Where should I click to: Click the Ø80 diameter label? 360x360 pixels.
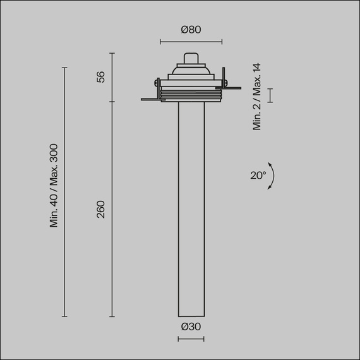(x=191, y=30)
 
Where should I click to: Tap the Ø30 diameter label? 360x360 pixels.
(x=191, y=327)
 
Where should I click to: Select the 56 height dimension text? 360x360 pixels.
(x=100, y=77)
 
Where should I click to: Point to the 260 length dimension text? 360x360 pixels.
(x=100, y=209)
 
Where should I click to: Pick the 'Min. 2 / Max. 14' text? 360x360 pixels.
(x=257, y=97)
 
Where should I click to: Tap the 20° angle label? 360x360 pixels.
(x=258, y=176)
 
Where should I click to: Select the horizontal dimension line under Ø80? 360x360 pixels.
(x=191, y=42)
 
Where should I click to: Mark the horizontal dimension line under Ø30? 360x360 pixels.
(x=191, y=339)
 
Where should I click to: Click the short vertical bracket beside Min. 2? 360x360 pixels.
(x=270, y=95)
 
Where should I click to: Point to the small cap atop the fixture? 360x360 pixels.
(x=191, y=58)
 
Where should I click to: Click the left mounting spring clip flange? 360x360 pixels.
(x=150, y=99)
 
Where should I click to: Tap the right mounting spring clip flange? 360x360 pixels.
(x=231, y=88)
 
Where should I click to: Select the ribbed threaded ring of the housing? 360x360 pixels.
(x=191, y=95)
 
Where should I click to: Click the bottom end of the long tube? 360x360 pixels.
(x=191, y=315)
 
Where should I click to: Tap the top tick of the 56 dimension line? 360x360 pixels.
(x=112, y=54)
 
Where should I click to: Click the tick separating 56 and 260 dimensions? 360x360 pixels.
(x=112, y=102)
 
